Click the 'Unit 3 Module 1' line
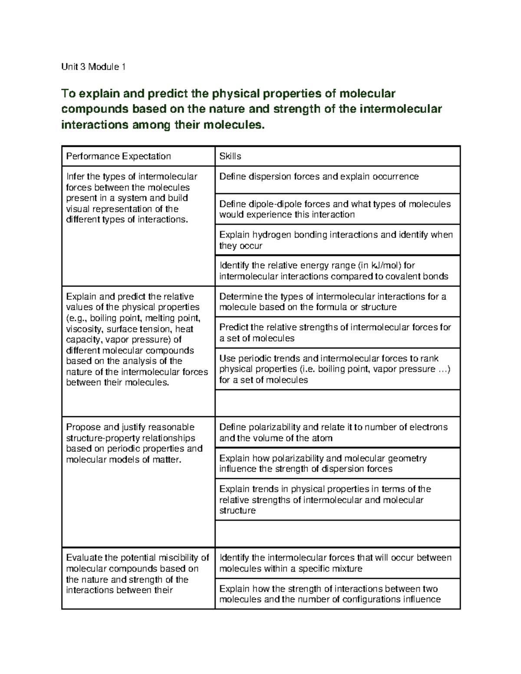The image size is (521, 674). (x=93, y=67)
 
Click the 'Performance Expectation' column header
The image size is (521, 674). (x=118, y=156)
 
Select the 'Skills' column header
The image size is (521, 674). (x=230, y=156)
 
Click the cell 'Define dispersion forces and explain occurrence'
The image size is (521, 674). (x=319, y=177)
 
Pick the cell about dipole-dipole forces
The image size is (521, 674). (x=335, y=209)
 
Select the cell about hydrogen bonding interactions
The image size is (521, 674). (x=336, y=240)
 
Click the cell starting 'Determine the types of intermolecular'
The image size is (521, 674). (x=333, y=302)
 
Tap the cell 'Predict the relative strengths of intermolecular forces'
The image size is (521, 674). (x=335, y=332)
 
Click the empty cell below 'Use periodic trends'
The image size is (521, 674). (x=337, y=403)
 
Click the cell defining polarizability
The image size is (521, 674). (x=333, y=432)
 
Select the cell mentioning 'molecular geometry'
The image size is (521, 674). (x=323, y=464)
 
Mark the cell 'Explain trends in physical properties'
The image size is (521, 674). (x=325, y=500)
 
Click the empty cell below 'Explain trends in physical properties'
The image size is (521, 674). (x=337, y=533)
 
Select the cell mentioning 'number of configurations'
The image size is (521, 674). (x=330, y=594)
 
